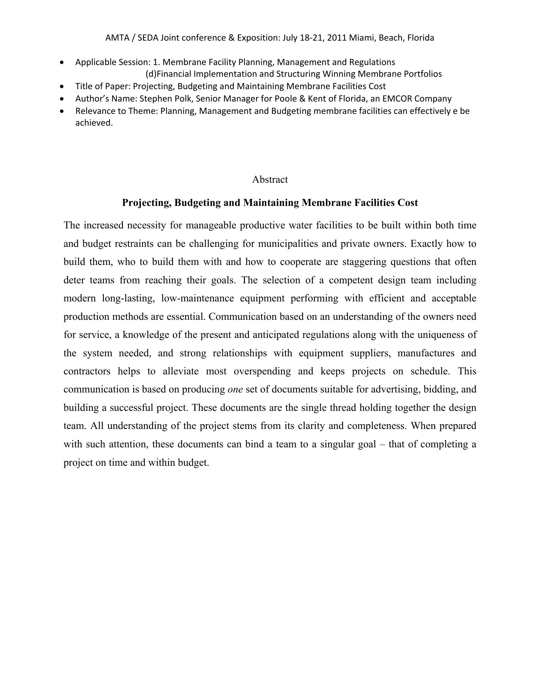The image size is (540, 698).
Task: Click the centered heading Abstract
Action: click(270, 180)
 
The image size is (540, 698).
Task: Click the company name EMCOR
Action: click(397, 99)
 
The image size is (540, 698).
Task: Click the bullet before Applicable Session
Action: click(62, 62)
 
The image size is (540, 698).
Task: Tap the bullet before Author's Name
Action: click(62, 99)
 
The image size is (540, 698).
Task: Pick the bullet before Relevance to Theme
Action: click(62, 112)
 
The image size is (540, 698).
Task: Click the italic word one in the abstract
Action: click(235, 389)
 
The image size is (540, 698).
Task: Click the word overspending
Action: click(262, 372)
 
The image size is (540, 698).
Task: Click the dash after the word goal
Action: click(382, 444)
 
